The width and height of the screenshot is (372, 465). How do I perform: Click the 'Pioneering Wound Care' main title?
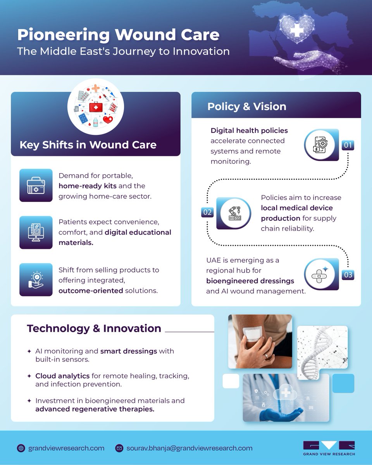(118, 35)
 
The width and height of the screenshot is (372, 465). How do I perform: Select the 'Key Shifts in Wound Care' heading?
(88, 145)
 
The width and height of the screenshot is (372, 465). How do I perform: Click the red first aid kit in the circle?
(95, 107)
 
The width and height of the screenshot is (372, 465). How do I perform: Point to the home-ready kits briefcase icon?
(36, 185)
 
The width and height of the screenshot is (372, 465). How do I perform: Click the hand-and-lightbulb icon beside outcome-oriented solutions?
(36, 279)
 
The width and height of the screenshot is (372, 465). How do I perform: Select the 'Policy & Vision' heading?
(246, 107)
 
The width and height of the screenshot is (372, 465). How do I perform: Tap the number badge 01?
(348, 145)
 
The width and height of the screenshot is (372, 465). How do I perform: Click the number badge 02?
(207, 212)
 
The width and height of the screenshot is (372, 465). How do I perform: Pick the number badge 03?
(348, 275)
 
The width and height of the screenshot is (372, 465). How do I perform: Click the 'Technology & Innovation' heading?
(94, 328)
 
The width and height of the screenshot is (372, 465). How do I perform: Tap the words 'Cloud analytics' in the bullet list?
(57, 376)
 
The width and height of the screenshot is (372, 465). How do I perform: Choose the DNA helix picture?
(322, 352)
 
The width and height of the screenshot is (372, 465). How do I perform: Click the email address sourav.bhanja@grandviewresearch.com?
(189, 448)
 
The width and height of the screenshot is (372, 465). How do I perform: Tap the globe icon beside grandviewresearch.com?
(21, 448)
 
